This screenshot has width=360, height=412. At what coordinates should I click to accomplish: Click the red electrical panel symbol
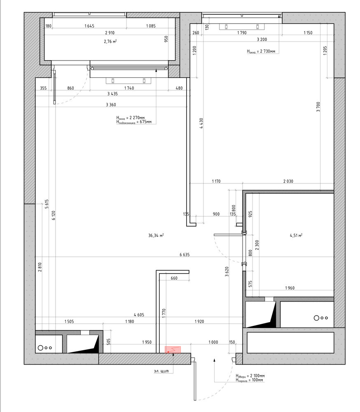tap(173, 350)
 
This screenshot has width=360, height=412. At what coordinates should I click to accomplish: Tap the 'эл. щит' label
tap(161, 371)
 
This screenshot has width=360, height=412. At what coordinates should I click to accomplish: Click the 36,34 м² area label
tap(156, 235)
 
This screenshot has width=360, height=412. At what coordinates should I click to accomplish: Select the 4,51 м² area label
tap(296, 235)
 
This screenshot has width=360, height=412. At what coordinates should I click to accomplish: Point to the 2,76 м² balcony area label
tap(110, 41)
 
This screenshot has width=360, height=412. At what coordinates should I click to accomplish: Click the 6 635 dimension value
tap(185, 254)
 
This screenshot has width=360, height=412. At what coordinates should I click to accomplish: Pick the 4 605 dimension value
tap(139, 314)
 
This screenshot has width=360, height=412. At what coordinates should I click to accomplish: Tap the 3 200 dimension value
tap(262, 39)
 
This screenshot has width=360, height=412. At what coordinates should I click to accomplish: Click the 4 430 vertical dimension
tap(201, 123)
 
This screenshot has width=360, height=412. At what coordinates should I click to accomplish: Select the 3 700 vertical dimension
tap(318, 107)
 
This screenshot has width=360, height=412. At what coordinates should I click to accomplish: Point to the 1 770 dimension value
tap(164, 314)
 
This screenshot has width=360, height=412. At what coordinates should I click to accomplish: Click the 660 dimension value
tap(174, 278)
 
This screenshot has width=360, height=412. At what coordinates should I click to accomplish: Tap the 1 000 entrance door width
tap(213, 342)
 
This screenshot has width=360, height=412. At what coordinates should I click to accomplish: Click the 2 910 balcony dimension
tap(110, 33)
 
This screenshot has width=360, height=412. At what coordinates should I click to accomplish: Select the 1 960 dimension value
tap(290, 288)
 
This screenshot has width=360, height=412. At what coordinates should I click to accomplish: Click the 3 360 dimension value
tap(111, 105)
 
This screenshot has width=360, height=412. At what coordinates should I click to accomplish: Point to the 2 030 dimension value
tap(288, 181)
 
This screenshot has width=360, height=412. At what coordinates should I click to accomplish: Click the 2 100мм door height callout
tap(250, 376)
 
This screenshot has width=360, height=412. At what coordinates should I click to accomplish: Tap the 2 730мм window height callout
tap(261, 51)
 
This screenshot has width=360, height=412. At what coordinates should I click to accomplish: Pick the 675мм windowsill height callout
tap(134, 122)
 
